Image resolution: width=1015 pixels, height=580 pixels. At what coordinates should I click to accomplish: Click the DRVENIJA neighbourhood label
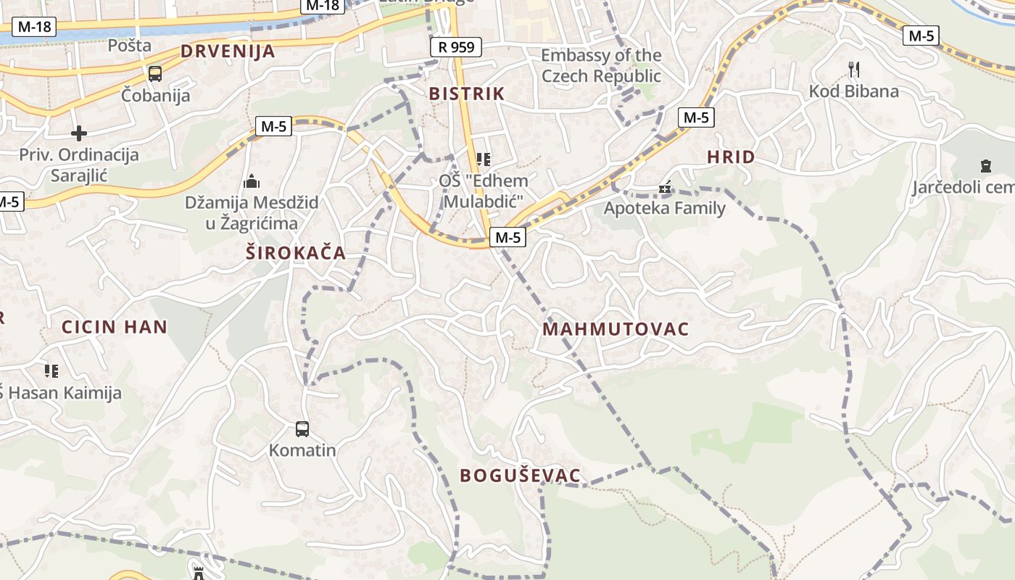pyautogui.click(x=228, y=51)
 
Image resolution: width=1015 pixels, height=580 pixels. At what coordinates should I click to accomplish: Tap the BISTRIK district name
pyautogui.click(x=466, y=94)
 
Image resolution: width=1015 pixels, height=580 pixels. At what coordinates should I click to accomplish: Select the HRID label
pyautogui.click(x=731, y=157)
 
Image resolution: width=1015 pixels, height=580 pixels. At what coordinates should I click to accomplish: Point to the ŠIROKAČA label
pyautogui.click(x=295, y=253)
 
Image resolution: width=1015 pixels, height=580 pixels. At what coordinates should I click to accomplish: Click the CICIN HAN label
pyautogui.click(x=115, y=326)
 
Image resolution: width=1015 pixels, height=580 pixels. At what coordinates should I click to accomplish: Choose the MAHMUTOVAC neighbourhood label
pyautogui.click(x=616, y=329)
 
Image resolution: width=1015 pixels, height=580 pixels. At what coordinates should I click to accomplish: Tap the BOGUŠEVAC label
pyautogui.click(x=521, y=476)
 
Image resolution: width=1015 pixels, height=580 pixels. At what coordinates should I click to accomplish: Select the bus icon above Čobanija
pyautogui.click(x=155, y=73)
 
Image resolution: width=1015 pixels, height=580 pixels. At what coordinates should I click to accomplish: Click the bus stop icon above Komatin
pyautogui.click(x=302, y=428)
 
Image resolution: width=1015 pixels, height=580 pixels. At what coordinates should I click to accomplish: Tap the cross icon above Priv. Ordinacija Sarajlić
pyautogui.click(x=79, y=133)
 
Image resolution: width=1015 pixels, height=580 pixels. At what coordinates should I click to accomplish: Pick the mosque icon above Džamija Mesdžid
pyautogui.click(x=252, y=181)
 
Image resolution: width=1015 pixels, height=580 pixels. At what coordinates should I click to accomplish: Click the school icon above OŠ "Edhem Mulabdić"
pyautogui.click(x=483, y=159)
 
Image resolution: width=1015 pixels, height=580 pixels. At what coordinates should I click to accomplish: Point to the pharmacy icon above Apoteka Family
pyautogui.click(x=664, y=188)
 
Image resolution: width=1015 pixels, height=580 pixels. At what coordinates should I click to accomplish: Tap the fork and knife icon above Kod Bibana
pyautogui.click(x=854, y=70)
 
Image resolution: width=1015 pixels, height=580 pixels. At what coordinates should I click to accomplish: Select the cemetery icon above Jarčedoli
pyautogui.click(x=985, y=166)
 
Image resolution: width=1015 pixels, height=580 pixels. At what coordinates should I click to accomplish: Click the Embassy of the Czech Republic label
pyautogui.click(x=601, y=65)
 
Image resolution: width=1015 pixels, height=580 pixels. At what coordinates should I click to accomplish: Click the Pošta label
pyautogui.click(x=130, y=45)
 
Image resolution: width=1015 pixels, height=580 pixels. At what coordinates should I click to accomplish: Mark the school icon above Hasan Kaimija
pyautogui.click(x=51, y=371)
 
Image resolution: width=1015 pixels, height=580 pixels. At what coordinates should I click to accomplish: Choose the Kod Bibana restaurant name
pyautogui.click(x=853, y=91)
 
